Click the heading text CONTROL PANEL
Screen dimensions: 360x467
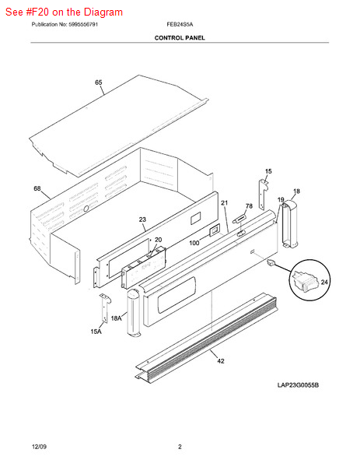pos(180,38)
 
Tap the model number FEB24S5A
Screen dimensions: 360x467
pos(180,24)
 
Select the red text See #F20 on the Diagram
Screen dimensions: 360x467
pos(64,12)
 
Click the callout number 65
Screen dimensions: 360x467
pos(99,83)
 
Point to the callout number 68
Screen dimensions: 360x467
pos(37,188)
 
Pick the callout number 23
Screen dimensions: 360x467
pos(142,219)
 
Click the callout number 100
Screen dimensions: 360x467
pos(194,243)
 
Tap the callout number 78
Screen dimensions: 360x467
pos(249,206)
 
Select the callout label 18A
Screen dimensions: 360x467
pos(116,318)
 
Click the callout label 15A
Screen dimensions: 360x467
pos(96,332)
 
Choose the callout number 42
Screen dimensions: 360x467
pos(221,361)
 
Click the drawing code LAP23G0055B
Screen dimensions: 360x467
pos(298,385)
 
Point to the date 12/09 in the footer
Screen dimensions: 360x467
pos(39,447)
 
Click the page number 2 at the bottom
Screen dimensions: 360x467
pos(180,447)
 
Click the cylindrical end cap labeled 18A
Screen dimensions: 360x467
pos(133,312)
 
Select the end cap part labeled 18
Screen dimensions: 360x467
pos(289,223)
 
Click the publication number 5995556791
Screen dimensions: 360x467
pos(83,24)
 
